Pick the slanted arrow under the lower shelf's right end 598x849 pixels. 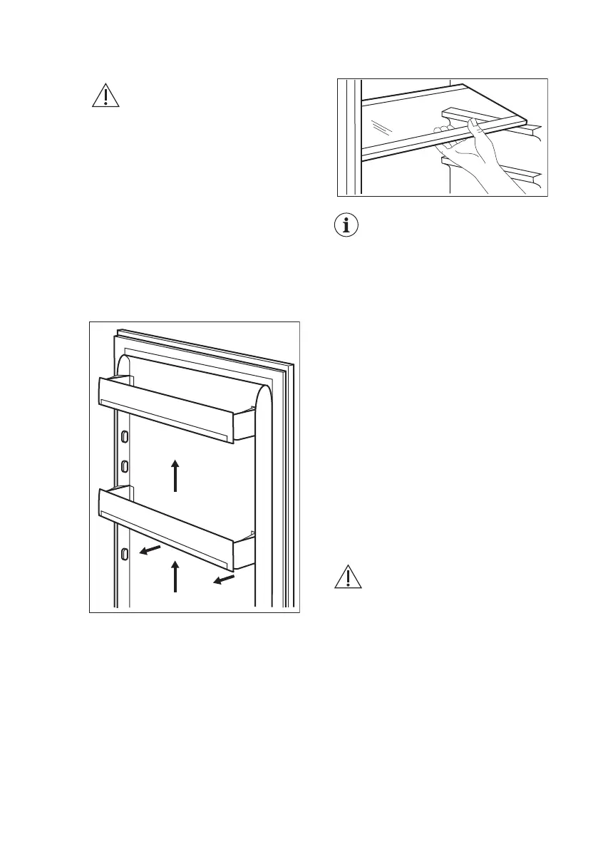tap(223, 581)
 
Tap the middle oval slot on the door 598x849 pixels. tap(125, 466)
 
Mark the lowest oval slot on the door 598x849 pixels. tap(125, 553)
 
